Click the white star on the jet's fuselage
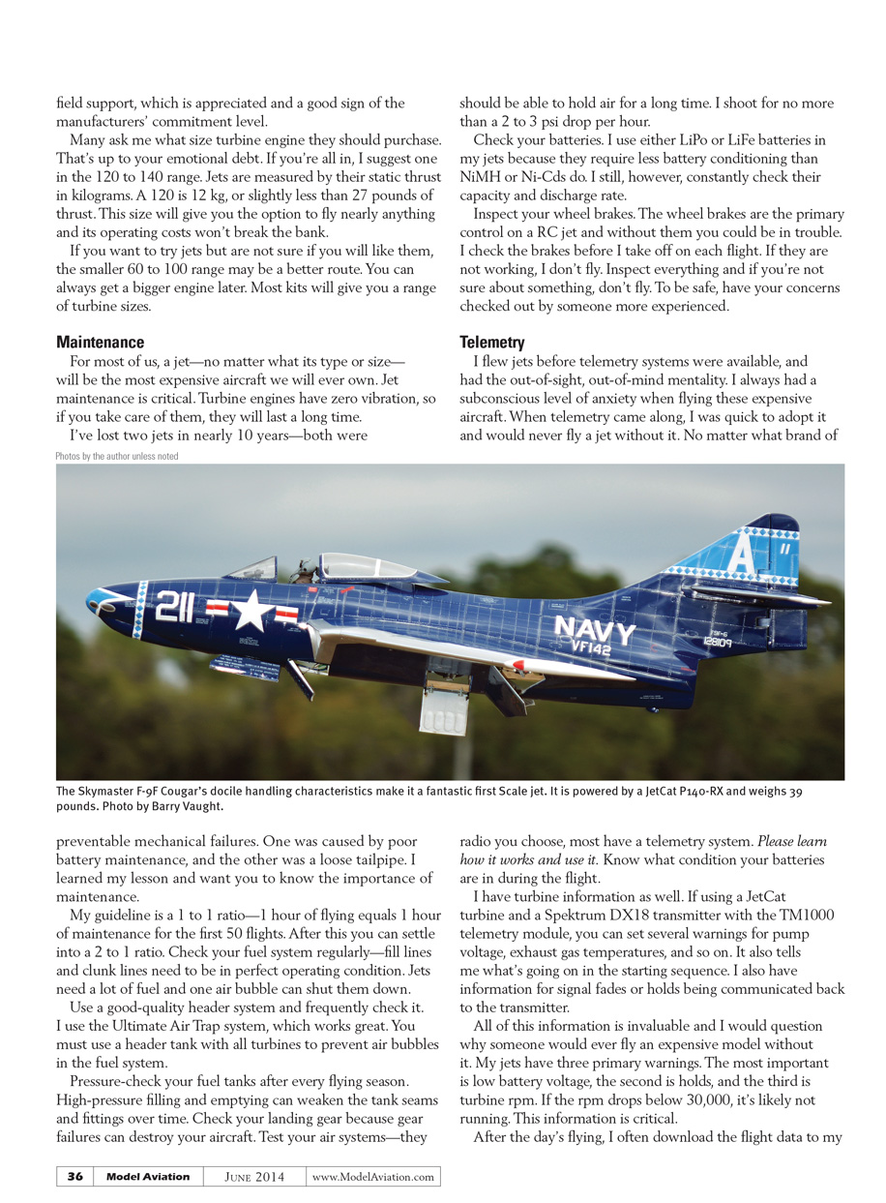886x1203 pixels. coord(251,611)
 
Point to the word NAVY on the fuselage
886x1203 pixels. coord(595,631)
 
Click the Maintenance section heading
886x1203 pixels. coord(100,343)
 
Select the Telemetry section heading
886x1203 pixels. coord(491,343)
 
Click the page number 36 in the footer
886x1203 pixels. coord(75,1177)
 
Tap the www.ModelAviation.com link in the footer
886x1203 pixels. coord(372,1177)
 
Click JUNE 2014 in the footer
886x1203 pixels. coord(254,1177)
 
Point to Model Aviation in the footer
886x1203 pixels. coord(148,1177)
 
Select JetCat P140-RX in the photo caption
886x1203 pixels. coord(694,792)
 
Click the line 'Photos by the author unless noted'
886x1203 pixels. coord(117,456)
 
